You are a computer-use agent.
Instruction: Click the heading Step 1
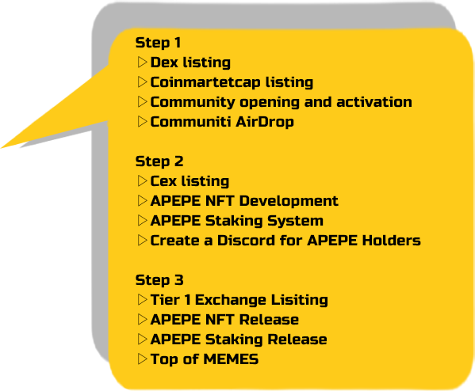pos(158,43)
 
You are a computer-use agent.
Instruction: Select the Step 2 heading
pos(159,161)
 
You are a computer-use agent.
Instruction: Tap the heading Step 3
pos(159,279)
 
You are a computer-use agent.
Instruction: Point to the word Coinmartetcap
pos(205,82)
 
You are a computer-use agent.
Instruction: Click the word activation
pos(374,102)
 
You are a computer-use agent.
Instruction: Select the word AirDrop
pos(264,122)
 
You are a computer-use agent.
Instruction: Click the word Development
pos(289,201)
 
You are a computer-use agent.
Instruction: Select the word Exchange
pos(231,300)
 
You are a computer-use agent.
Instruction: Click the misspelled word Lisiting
pos(299,300)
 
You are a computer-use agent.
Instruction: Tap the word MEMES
pos(231,359)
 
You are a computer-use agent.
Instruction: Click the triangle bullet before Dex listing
pos(142,62)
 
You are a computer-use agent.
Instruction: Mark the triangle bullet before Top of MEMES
pos(142,359)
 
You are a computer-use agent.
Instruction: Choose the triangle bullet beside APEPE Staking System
pos(142,221)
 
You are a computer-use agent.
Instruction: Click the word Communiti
pos(190,122)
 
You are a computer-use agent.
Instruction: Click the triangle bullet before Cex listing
pos(142,180)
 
